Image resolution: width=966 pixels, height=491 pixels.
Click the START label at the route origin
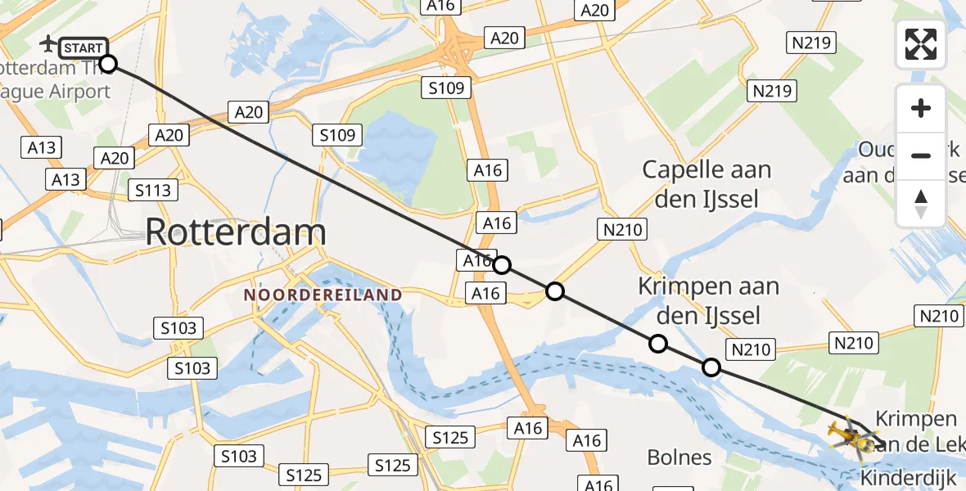(x=84, y=48)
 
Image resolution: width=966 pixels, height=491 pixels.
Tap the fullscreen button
(x=921, y=44)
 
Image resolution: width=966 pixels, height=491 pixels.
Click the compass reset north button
(x=921, y=204)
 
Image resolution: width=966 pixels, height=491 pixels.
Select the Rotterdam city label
(x=236, y=232)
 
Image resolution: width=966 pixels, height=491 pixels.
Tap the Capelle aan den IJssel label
(x=706, y=183)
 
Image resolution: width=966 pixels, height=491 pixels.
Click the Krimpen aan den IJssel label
(x=708, y=300)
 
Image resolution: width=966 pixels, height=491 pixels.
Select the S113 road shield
(x=153, y=191)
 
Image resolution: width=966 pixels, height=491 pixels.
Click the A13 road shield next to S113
(x=67, y=179)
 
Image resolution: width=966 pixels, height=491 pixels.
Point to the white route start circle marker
(x=108, y=64)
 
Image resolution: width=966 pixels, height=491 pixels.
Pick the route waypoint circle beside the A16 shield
(x=502, y=264)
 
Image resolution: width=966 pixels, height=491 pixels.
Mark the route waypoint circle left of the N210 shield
(x=711, y=367)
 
